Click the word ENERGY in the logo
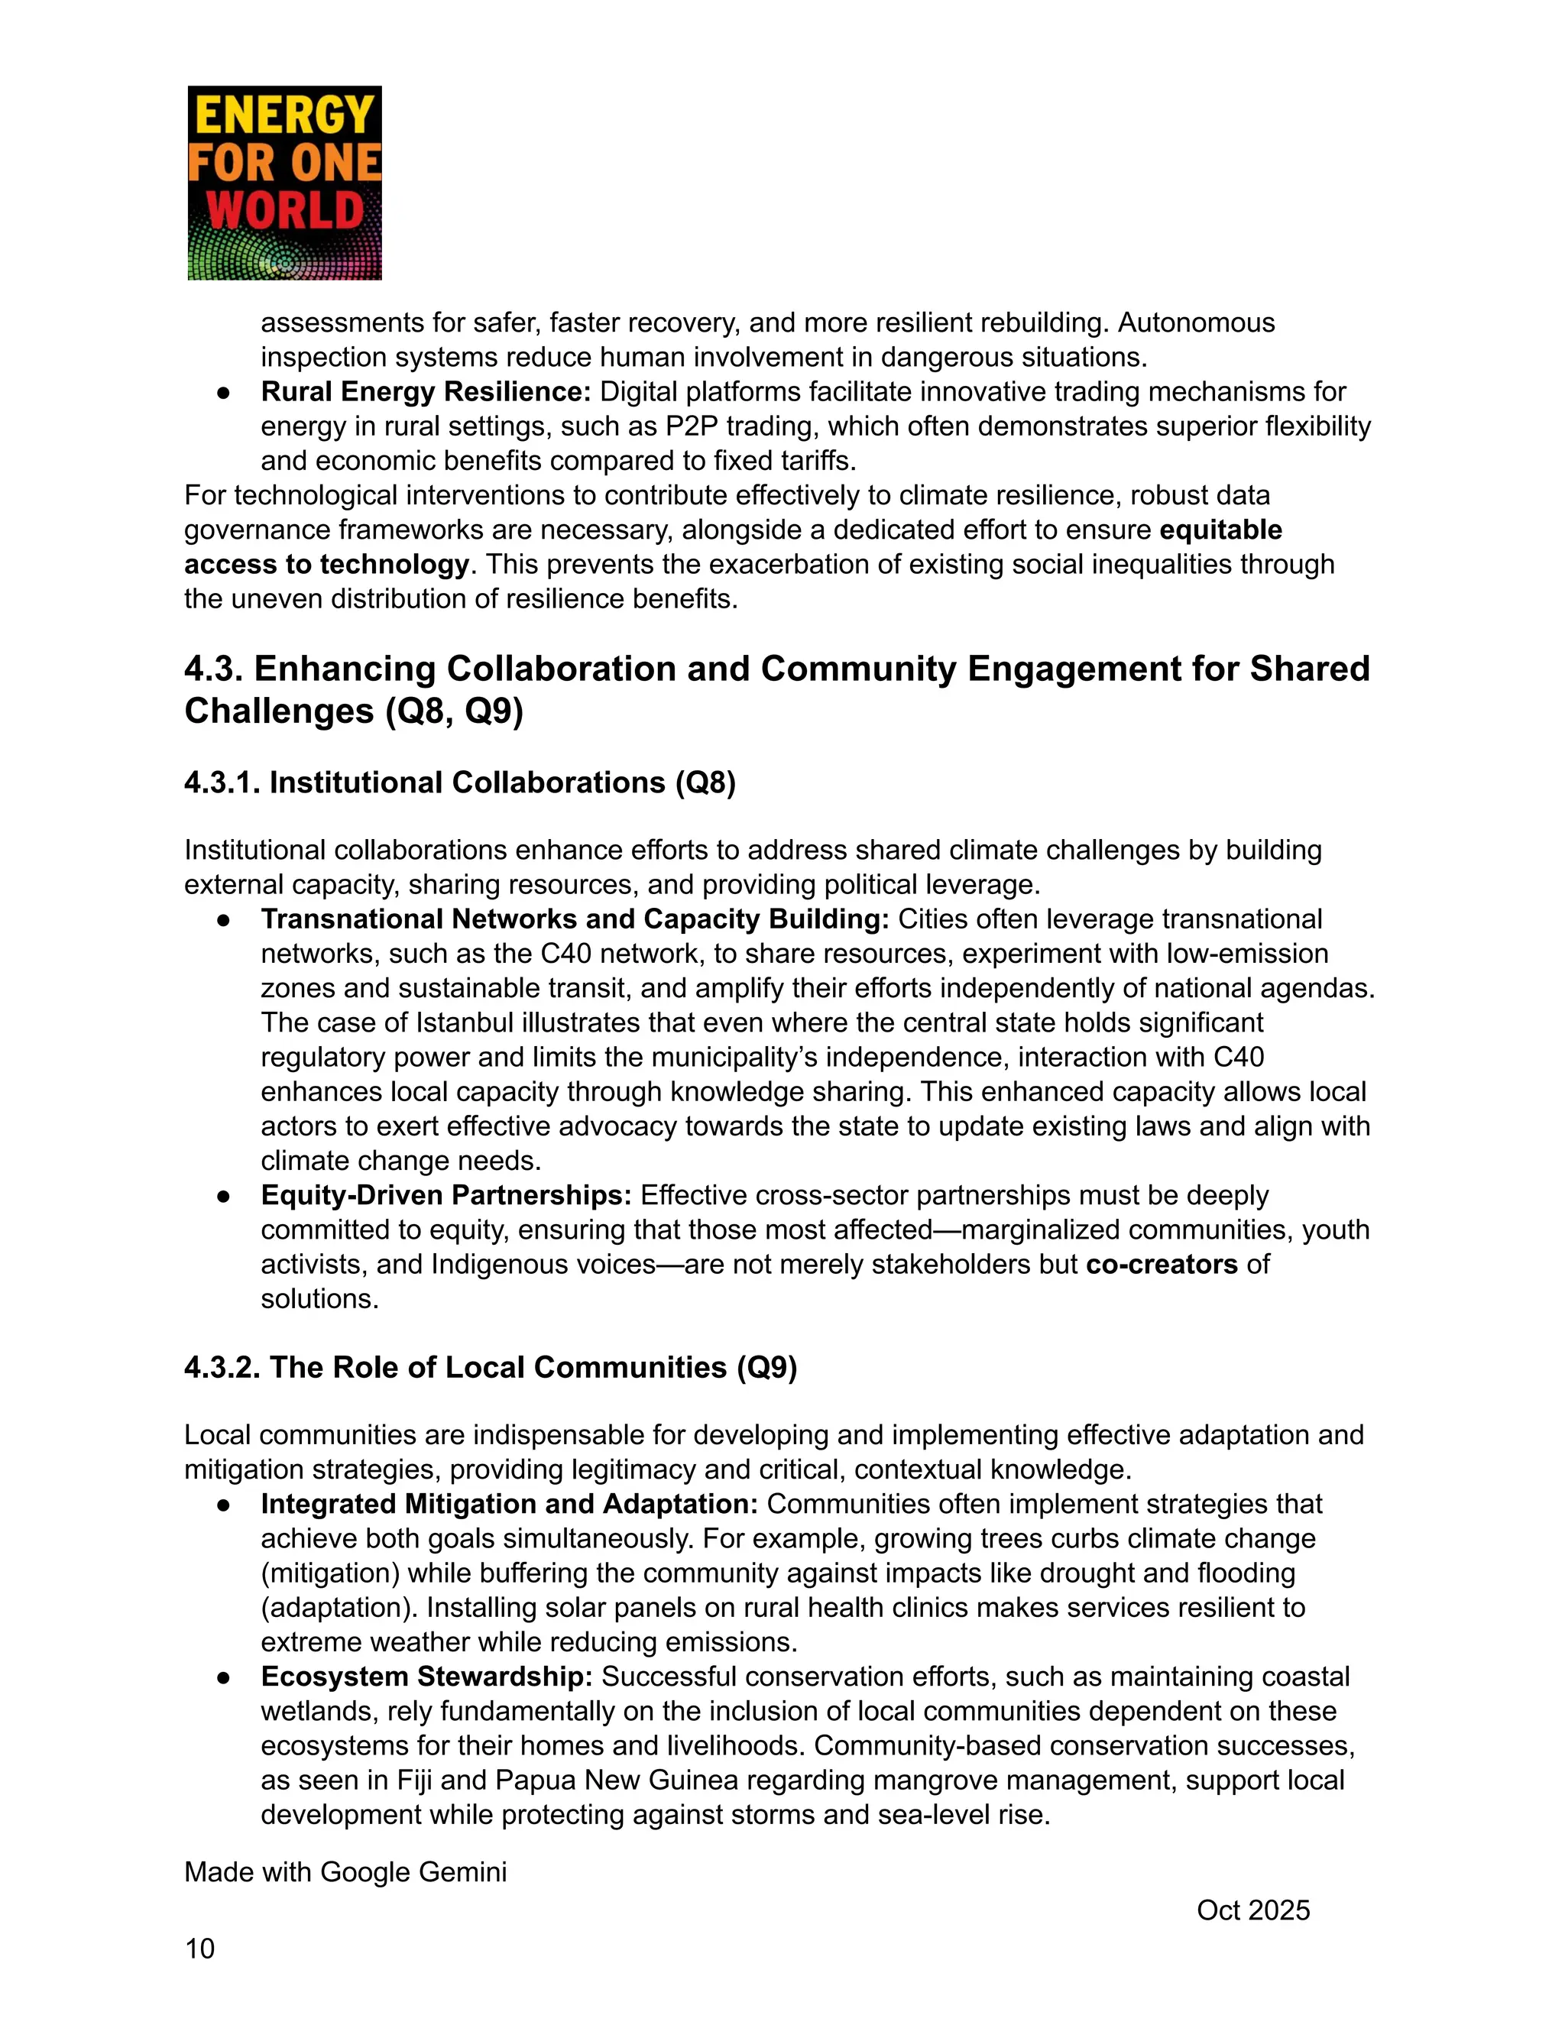point(284,118)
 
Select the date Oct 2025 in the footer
point(1252,1910)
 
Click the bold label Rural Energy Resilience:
point(426,391)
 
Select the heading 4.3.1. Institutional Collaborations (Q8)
point(460,782)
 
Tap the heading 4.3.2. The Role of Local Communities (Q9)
point(491,1367)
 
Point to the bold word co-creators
point(1162,1265)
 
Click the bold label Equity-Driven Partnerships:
point(446,1195)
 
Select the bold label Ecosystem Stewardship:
point(426,1677)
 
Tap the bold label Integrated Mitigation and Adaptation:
point(509,1504)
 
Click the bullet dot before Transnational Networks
point(223,920)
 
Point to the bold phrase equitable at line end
point(1220,530)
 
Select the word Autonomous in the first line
point(1196,322)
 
